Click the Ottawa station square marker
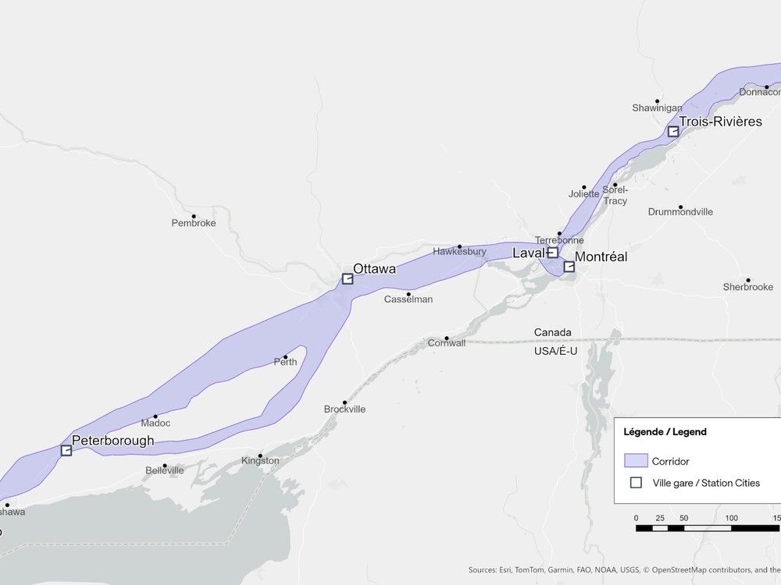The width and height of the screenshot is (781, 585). click(x=348, y=278)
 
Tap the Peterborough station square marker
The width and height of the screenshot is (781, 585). click(x=66, y=450)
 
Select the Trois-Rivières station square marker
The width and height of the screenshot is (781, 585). click(x=673, y=131)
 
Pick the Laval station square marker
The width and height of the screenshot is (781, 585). click(x=553, y=253)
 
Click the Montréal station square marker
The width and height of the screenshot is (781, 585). click(x=569, y=267)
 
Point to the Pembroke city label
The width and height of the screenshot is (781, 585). click(x=194, y=223)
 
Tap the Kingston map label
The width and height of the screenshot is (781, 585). click(x=260, y=461)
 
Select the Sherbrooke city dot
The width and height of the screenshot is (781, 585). click(x=747, y=279)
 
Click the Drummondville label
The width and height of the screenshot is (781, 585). click(x=680, y=212)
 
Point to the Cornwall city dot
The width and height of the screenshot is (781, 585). click(x=447, y=338)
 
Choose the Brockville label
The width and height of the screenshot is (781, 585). click(x=344, y=409)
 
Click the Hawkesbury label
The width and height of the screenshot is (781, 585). click(x=459, y=252)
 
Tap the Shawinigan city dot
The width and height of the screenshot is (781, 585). click(x=658, y=101)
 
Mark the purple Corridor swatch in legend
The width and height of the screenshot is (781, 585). click(x=636, y=461)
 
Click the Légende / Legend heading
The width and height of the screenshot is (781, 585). click(x=665, y=431)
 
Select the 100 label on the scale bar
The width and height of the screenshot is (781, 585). click(x=731, y=518)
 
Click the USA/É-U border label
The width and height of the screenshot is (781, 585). click(x=555, y=351)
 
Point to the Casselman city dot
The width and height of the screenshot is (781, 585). click(x=408, y=294)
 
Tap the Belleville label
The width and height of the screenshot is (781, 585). click(x=165, y=471)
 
